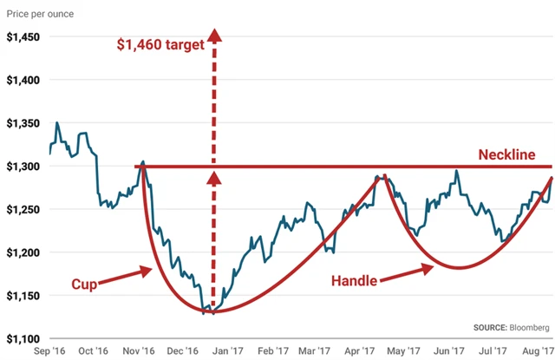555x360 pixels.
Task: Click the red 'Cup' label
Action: click(83, 284)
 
